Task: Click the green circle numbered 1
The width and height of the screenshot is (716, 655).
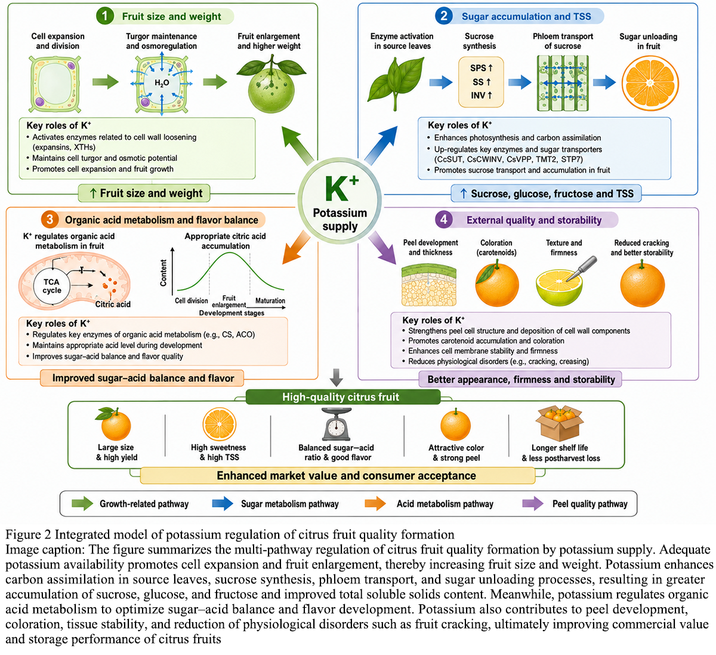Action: (105, 16)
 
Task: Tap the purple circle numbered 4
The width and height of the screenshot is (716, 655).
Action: (444, 219)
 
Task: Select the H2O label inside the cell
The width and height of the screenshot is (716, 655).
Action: (162, 83)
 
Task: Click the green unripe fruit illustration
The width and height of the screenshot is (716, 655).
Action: (271, 84)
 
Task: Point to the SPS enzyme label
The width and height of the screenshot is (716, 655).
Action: (481, 68)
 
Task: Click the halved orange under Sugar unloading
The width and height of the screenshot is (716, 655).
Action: (650, 83)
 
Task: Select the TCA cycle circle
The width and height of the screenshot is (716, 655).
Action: (52, 286)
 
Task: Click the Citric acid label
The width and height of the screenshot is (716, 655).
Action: (113, 304)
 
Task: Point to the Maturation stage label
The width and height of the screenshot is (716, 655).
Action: (270, 300)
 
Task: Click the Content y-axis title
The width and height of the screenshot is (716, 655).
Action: (163, 273)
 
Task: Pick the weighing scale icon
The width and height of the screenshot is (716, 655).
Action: (336, 424)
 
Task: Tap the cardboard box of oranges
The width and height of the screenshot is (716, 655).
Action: (559, 423)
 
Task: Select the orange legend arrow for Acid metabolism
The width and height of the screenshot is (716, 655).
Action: (375, 503)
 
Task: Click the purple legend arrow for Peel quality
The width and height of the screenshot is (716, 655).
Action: (533, 503)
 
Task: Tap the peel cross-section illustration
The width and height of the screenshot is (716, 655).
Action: (428, 285)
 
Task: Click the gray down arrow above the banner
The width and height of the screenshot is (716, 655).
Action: (337, 377)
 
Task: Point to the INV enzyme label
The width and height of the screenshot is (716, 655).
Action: (481, 96)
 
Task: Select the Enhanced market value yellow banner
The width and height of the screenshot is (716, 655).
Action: (337, 476)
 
